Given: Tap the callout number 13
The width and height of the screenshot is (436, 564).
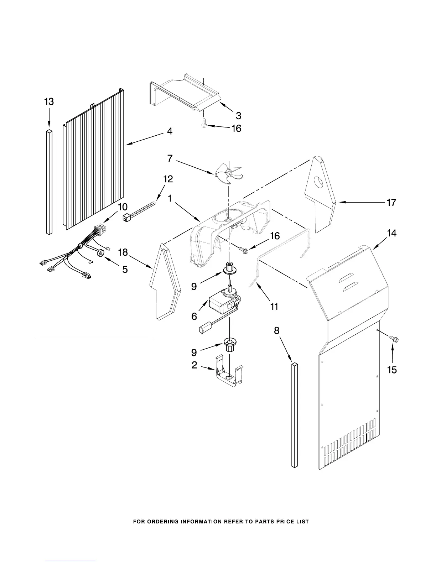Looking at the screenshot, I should (49, 102).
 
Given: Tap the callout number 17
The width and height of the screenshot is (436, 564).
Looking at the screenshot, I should (391, 203).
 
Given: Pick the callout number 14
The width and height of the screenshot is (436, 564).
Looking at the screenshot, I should (391, 233).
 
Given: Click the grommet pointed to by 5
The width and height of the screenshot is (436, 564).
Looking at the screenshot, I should (101, 253).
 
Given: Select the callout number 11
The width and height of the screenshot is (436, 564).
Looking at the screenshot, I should (274, 306).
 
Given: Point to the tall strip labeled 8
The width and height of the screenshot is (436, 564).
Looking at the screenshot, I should (294, 415).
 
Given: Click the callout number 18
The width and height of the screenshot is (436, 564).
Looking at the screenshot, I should (123, 252).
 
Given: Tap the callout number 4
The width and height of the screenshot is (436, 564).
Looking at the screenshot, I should (170, 131).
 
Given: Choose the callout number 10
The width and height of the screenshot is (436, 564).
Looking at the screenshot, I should (122, 207).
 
